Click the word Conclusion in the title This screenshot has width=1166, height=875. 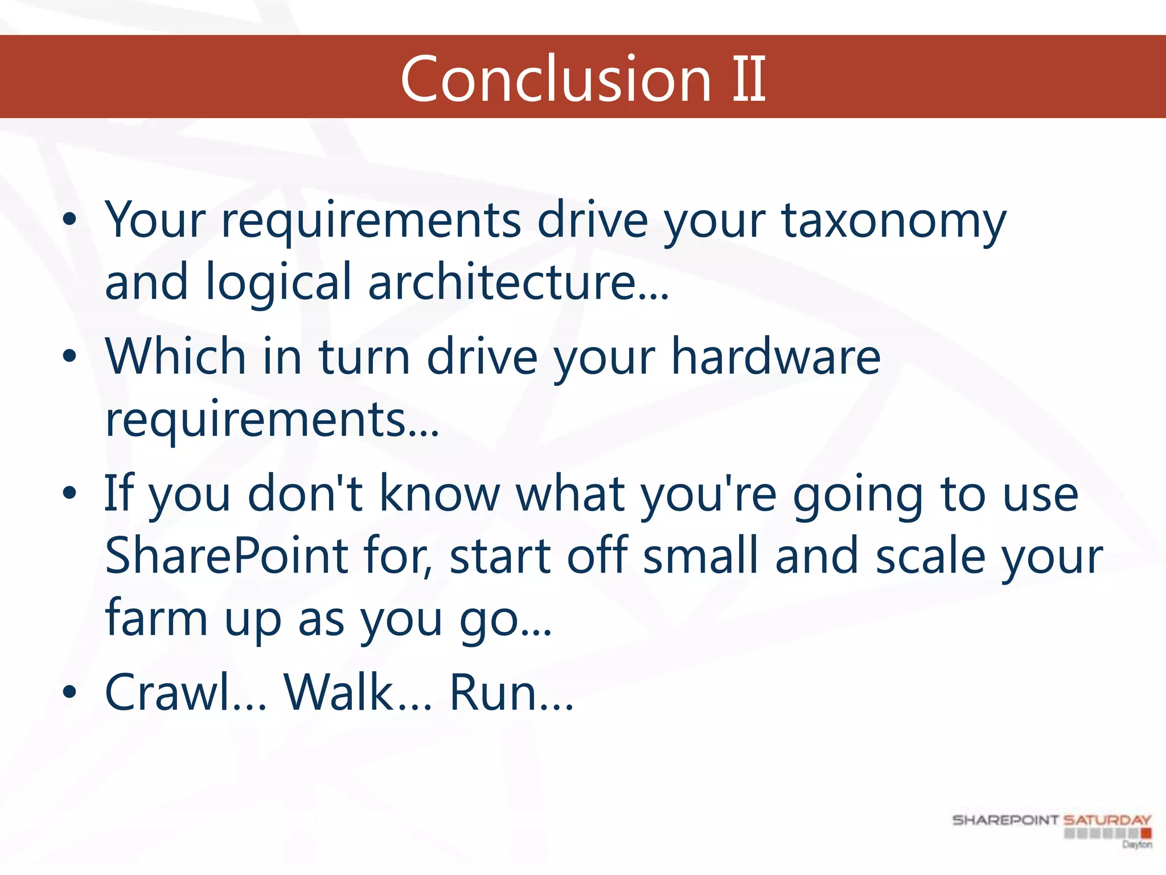pos(556,80)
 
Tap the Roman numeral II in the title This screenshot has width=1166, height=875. pos(748,80)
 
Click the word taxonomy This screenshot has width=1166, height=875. pos(894,222)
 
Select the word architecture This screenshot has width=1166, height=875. pos(518,283)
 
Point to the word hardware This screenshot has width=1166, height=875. pos(775,357)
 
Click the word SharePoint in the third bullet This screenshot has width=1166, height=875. pos(227,556)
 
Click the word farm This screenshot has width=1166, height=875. pos(156,619)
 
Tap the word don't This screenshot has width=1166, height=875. pos(305,494)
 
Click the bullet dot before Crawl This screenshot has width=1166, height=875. pos(69,693)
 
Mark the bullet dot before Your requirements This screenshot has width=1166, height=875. pos(69,220)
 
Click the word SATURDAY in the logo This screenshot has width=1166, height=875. pos(1107,820)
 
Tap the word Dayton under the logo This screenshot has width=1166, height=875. pos(1137,844)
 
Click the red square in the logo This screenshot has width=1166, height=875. pos(1146,834)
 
